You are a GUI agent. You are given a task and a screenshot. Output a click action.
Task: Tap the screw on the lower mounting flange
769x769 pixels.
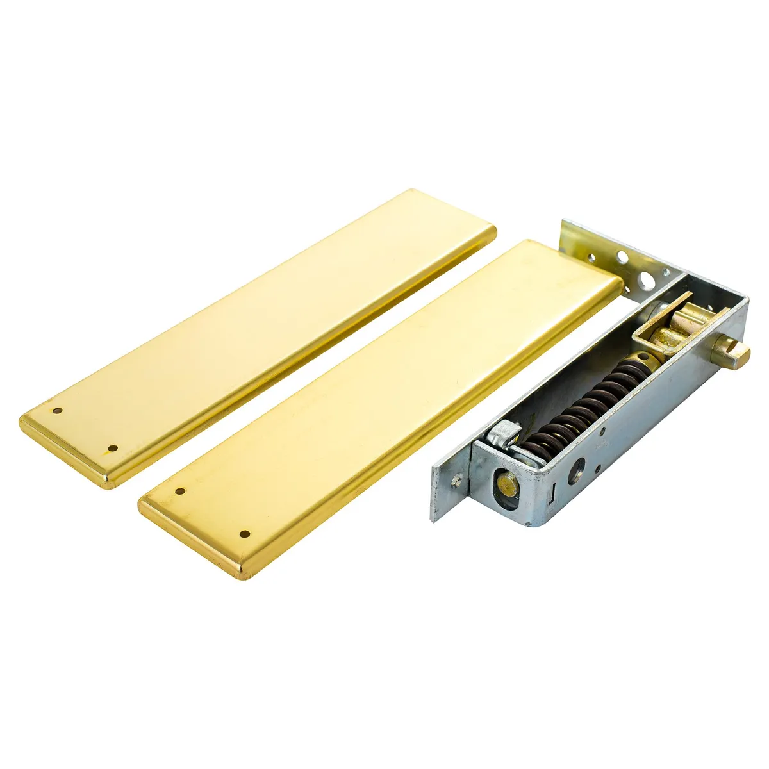(456, 479)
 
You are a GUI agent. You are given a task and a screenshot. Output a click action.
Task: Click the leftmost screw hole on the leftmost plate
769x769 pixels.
(57, 411)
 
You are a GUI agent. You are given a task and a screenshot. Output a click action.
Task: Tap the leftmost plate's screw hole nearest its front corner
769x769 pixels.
(113, 448)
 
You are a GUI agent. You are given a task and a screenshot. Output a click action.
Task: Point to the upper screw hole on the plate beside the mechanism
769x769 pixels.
(180, 492)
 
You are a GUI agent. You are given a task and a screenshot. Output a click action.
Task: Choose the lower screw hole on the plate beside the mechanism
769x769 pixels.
(244, 533)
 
